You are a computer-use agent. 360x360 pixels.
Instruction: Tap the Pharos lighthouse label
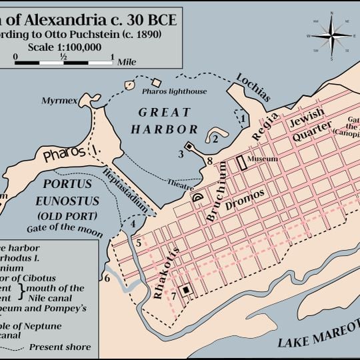176,91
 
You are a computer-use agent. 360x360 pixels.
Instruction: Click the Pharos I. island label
74,154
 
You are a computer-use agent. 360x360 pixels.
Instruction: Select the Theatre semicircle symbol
198,197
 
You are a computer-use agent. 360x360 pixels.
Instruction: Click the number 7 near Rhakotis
173,295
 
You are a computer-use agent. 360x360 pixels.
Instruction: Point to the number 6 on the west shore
107,277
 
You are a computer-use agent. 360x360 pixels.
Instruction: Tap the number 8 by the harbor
209,161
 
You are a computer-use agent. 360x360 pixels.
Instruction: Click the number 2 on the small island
215,139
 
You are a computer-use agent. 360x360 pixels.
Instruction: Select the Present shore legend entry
64,347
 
